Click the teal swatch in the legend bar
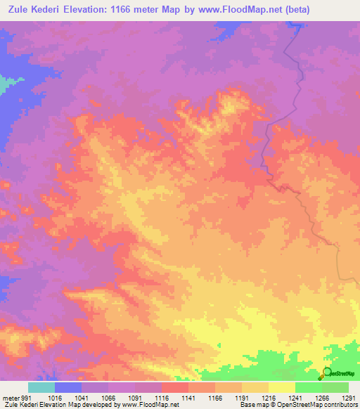coord(41,387)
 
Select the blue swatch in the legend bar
coord(68,387)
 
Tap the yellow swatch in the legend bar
coord(282,387)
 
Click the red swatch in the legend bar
coord(175,387)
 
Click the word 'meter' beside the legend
coord(10,397)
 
